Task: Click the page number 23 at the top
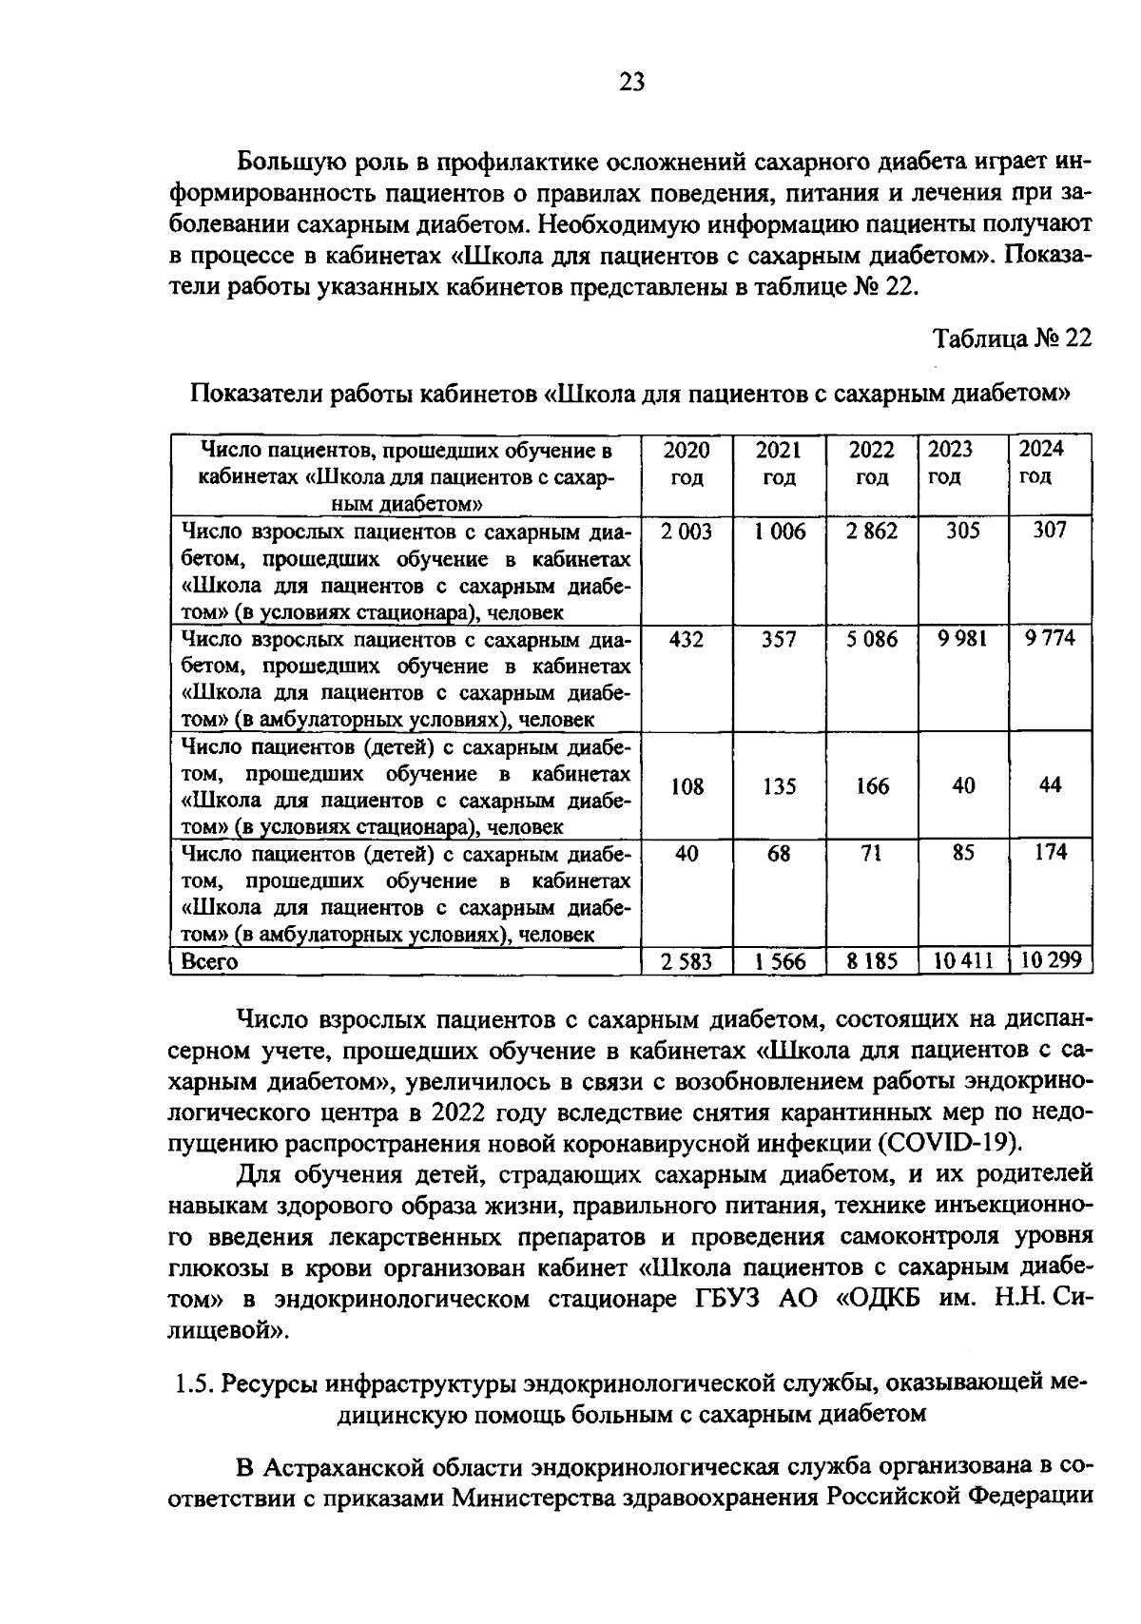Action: [631, 83]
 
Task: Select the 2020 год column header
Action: [687, 463]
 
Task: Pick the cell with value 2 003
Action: [687, 532]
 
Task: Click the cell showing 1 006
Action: [780, 532]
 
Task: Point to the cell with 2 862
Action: [872, 532]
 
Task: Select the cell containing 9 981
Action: [962, 640]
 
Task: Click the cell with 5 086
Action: [872, 640]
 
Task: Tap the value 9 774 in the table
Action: [1050, 639]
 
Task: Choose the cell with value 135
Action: [780, 786]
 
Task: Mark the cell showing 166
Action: [872, 786]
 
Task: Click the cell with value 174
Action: [1050, 853]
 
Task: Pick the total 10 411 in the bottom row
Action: [962, 961]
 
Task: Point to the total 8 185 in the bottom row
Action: [872, 961]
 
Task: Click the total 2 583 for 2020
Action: [687, 961]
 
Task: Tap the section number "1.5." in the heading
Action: [196, 1383]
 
